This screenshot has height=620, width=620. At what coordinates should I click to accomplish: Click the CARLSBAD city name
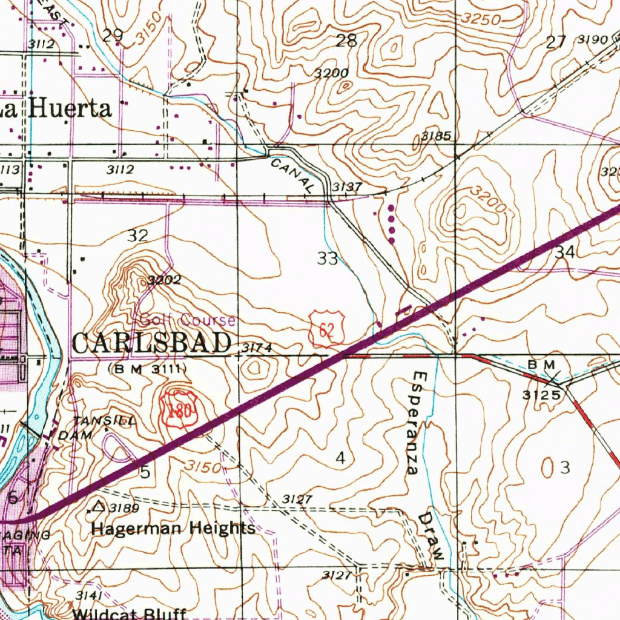point(152,343)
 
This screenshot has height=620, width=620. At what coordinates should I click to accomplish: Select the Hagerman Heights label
point(173,529)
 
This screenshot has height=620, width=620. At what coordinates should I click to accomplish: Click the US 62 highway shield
point(328,329)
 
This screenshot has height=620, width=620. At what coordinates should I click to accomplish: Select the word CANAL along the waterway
point(292,176)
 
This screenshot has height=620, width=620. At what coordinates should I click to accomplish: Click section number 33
point(328,259)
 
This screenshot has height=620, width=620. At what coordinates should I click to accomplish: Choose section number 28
point(346,41)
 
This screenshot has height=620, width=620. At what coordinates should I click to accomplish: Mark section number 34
point(565,252)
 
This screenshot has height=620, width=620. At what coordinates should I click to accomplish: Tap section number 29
point(113,35)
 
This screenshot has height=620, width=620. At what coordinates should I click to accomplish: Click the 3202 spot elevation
point(163,280)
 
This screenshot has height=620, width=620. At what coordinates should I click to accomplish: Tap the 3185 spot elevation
point(436,136)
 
